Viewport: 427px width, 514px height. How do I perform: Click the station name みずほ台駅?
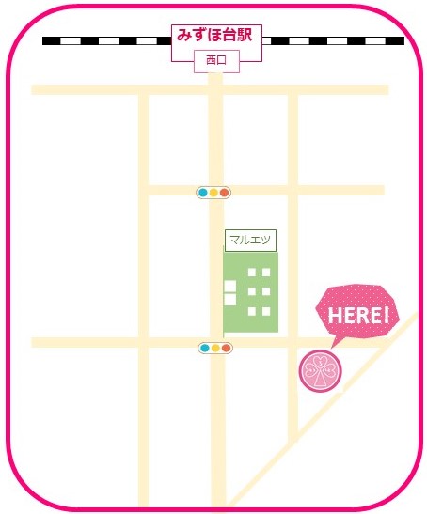tap(215, 36)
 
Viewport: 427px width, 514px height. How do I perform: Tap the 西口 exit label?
tap(215, 62)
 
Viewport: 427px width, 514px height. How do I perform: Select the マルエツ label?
tap(249, 240)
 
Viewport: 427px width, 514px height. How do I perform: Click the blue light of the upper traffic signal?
tap(203, 193)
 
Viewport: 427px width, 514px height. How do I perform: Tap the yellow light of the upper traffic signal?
tap(213, 193)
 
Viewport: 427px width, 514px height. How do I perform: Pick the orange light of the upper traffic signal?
tap(224, 193)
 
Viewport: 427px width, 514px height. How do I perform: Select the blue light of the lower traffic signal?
tap(205, 348)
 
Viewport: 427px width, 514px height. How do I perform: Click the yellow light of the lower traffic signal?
tap(215, 348)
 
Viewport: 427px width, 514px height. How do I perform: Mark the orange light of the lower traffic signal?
tap(226, 348)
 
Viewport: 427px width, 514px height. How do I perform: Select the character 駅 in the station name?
tap(246, 36)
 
